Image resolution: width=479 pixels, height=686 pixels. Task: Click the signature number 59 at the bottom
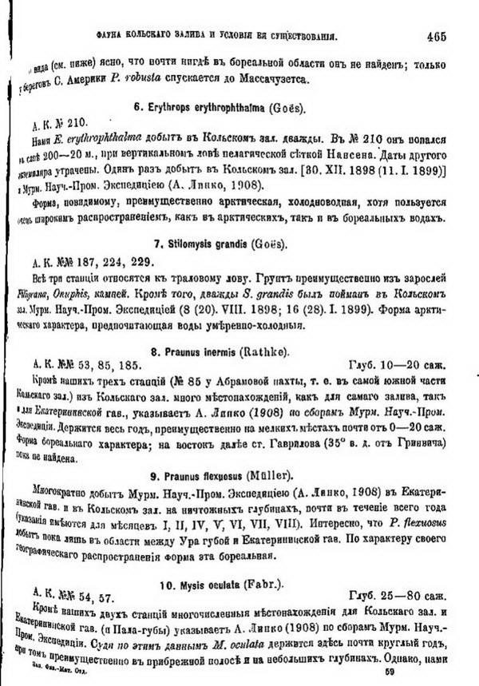[390, 672]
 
